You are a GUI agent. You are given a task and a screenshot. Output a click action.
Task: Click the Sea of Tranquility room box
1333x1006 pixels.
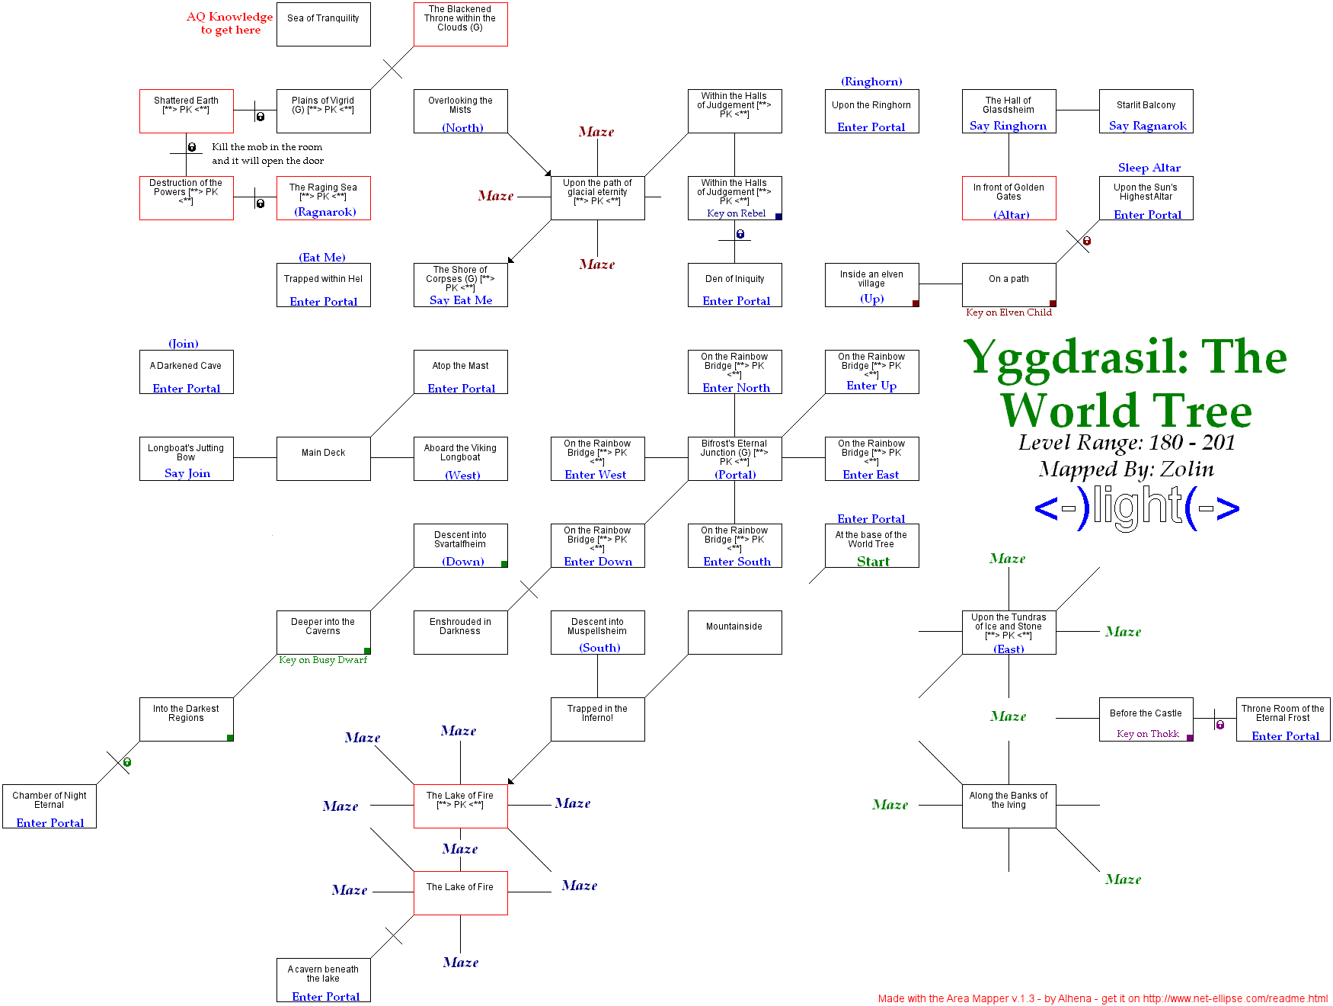point(323,24)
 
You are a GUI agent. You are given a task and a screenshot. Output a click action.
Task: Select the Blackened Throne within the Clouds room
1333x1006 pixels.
point(460,24)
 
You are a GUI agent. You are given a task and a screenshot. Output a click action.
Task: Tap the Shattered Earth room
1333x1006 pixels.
point(186,111)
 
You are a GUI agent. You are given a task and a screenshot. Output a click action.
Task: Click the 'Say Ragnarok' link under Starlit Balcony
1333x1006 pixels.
point(1147,126)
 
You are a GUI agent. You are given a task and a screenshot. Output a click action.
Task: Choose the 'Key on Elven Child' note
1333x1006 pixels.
point(1009,312)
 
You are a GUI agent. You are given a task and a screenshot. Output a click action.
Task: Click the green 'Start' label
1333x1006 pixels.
point(873,562)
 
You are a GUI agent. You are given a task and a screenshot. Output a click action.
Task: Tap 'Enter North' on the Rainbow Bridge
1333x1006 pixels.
point(736,388)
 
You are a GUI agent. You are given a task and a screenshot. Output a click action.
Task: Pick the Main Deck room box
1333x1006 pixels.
point(323,459)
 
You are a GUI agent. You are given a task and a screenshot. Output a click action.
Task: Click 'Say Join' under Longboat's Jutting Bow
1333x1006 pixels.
point(187,473)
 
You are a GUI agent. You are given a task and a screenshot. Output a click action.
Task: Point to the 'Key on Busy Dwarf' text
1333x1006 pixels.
point(323,660)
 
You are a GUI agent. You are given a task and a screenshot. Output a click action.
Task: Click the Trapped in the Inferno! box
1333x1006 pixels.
point(597,718)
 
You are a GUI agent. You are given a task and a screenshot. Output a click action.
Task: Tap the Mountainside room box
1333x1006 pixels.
point(734,633)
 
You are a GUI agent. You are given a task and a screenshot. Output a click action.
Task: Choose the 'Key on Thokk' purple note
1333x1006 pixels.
point(1147,734)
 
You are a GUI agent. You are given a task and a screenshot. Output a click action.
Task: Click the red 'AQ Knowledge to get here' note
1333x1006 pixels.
point(230,23)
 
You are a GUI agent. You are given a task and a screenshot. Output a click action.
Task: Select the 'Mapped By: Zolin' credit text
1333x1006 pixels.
point(1126,469)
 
